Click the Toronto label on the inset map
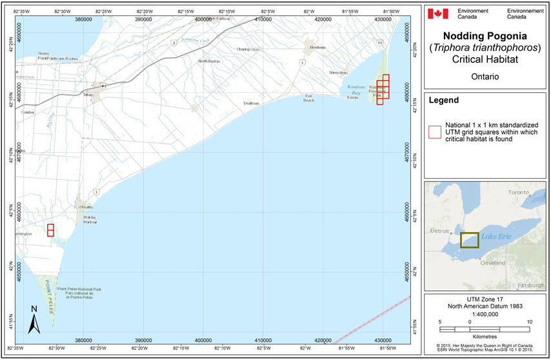(x=519, y=192)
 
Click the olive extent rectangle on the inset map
(x=469, y=240)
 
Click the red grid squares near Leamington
(x=50, y=230)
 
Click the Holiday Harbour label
(x=94, y=221)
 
